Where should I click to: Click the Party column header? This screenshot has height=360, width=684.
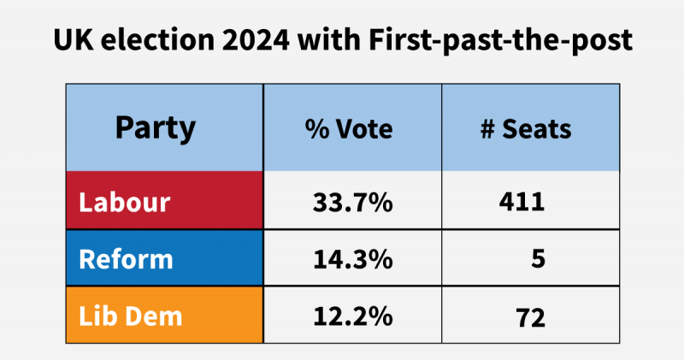(x=155, y=128)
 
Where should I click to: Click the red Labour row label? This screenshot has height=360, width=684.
(x=124, y=203)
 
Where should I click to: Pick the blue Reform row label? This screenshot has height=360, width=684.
(x=126, y=258)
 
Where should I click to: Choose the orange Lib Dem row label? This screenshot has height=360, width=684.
(x=130, y=316)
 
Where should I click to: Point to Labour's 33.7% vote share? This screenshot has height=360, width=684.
(x=352, y=203)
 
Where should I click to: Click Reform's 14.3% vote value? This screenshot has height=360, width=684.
(x=352, y=258)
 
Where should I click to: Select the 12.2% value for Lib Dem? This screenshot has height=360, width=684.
(x=352, y=316)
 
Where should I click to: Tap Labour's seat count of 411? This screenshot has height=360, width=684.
(x=521, y=203)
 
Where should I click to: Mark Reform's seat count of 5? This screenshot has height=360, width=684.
(x=537, y=258)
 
